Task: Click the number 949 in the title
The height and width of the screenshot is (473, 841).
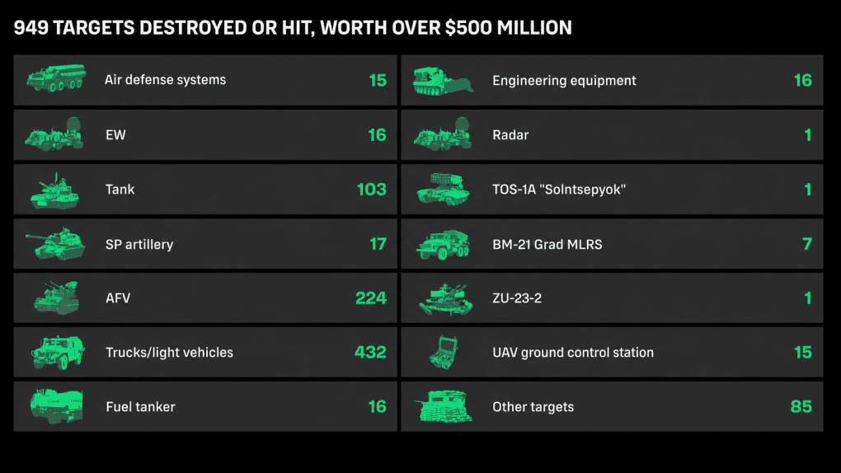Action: coord(31,28)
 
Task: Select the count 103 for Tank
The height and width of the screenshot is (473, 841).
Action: coord(372,190)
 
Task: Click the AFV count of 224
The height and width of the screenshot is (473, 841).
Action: coord(371,298)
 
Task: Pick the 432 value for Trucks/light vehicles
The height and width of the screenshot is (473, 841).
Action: coord(371,353)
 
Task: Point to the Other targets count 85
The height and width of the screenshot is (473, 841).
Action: coord(801,406)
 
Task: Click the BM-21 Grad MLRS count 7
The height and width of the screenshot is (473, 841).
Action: coord(807,244)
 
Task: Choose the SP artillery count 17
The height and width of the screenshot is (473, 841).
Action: coord(378,244)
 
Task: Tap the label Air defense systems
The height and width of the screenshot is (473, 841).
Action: coord(165,80)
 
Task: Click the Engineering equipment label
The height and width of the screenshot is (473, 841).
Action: coord(564,81)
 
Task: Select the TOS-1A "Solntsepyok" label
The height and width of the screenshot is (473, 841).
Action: coord(559,190)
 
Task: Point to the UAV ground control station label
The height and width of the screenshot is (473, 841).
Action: coord(573,353)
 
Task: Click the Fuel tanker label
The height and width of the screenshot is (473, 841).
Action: coord(140,407)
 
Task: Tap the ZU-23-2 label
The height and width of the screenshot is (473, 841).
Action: coord(517,298)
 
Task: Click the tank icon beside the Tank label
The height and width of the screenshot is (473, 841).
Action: coord(55,190)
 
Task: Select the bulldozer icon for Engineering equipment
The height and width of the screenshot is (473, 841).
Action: coord(443,81)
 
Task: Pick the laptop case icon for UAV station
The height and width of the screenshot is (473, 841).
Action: coord(444,353)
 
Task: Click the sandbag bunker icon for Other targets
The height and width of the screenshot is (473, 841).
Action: coord(444,406)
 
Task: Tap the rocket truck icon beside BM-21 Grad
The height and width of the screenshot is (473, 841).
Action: coord(443,244)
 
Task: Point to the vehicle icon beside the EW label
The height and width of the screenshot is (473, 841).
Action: coord(54,134)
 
